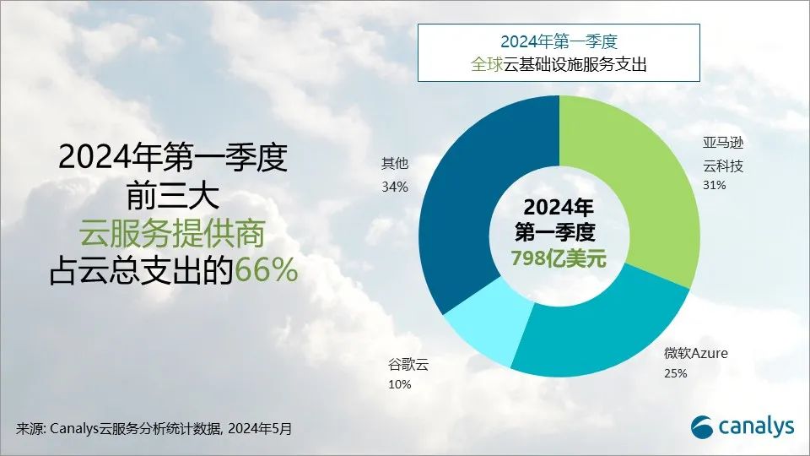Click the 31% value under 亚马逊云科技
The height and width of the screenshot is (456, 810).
[x=715, y=185]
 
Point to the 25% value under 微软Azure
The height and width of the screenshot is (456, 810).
[x=676, y=373]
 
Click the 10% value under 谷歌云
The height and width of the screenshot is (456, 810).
[x=399, y=385]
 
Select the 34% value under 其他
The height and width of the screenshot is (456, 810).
[x=395, y=187]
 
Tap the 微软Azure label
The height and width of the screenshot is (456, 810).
[x=696, y=354]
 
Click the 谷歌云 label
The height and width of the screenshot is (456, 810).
[x=408, y=365]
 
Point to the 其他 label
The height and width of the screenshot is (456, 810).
[x=395, y=164]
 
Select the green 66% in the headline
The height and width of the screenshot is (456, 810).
[x=266, y=270]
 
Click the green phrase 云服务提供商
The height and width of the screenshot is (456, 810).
[x=172, y=233]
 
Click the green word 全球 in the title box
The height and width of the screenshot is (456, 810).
[x=487, y=65]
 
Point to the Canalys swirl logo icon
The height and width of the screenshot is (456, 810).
[x=703, y=426]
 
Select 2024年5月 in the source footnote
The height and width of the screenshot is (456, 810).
[x=260, y=429]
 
